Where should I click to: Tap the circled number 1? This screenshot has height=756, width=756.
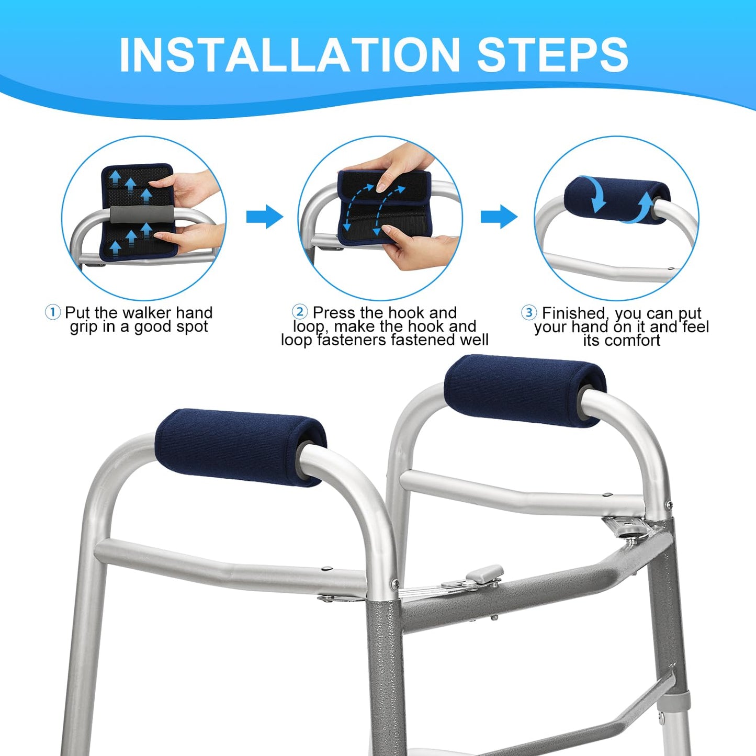coord(52,313)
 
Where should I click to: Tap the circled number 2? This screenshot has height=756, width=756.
coord(300,312)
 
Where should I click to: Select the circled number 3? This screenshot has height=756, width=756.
coord(529,313)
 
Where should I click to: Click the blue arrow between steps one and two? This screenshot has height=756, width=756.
coord(265,216)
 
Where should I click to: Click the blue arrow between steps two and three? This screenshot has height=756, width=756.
coord(499,216)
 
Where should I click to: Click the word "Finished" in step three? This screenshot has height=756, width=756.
coord(576,313)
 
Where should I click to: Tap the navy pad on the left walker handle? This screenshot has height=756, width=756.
coord(241,447)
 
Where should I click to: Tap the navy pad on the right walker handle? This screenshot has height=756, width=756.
coord(525,391)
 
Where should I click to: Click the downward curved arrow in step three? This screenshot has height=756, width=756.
coord(594,194)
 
